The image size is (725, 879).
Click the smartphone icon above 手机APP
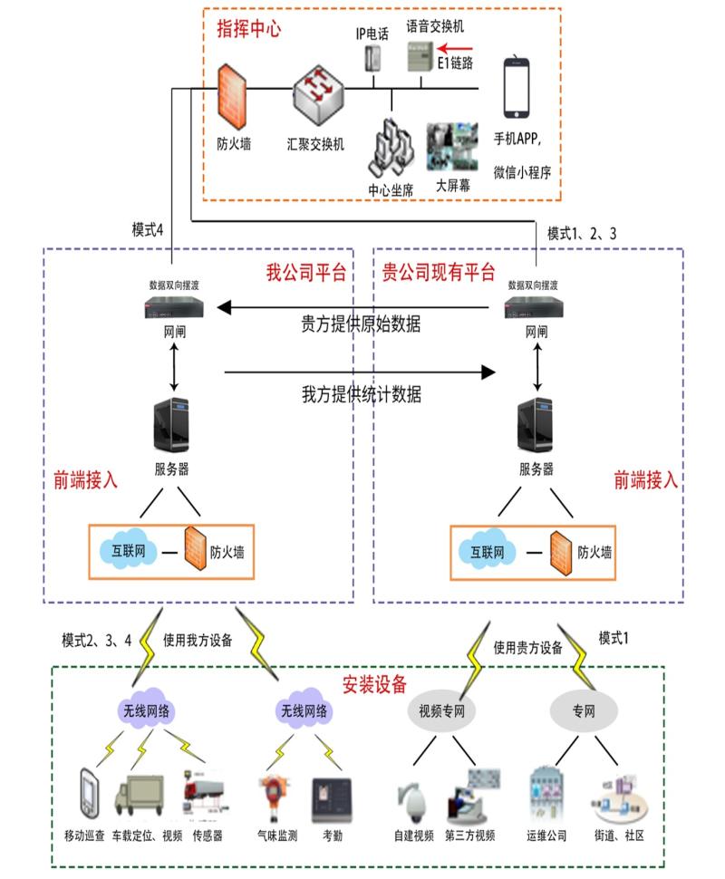tap(517, 88)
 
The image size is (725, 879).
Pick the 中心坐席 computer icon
tap(391, 147)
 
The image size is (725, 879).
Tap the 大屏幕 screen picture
tap(452, 149)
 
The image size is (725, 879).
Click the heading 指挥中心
tap(247, 29)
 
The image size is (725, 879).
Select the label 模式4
tap(148, 230)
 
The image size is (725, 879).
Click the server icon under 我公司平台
tap(171, 430)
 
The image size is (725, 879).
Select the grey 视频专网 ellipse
tap(441, 710)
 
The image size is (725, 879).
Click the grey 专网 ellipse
tap(585, 710)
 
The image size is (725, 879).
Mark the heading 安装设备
tap(374, 683)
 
